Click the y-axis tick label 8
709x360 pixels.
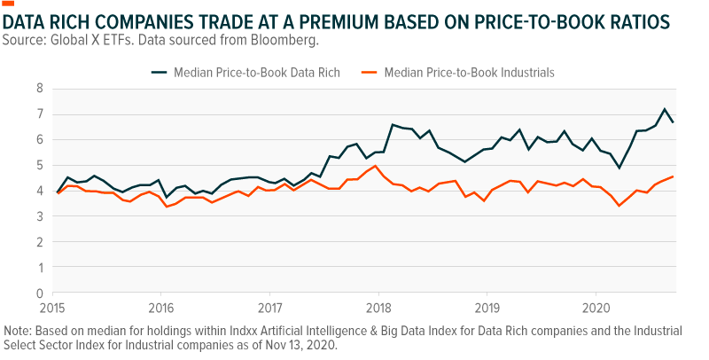(x=38, y=88)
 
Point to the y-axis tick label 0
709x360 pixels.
(x=38, y=293)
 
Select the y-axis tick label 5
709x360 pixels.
(x=38, y=165)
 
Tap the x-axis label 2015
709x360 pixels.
(x=52, y=307)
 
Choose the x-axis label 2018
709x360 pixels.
(x=378, y=307)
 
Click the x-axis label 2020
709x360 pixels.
(x=595, y=307)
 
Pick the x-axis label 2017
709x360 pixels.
(x=269, y=307)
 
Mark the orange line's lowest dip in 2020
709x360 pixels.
(x=619, y=206)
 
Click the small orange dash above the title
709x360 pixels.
(x=9, y=3)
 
